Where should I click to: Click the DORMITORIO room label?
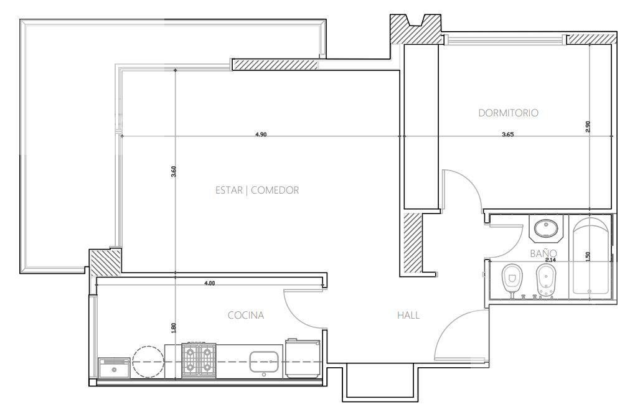pos(508,113)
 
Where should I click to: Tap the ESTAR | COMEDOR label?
pos(257,190)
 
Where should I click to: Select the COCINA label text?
pos(246,315)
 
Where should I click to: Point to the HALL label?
pos(408,315)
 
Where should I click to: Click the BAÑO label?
pos(543,253)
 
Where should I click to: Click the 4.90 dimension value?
pos(261,135)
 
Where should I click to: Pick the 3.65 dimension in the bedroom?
pos(507,135)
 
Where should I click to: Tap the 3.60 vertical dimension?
pos(174,172)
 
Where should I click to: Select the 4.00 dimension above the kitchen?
pos(209,283)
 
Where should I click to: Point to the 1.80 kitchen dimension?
pos(174,327)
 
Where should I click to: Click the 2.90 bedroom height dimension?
pos(588,127)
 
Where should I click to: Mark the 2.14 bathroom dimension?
pos(550,260)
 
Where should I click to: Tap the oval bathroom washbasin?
pos(545,229)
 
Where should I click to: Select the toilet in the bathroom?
pos(512,280)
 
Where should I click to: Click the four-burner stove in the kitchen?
pos(199,360)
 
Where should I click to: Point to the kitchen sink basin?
pos(263,362)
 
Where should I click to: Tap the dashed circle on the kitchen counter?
pos(149,362)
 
